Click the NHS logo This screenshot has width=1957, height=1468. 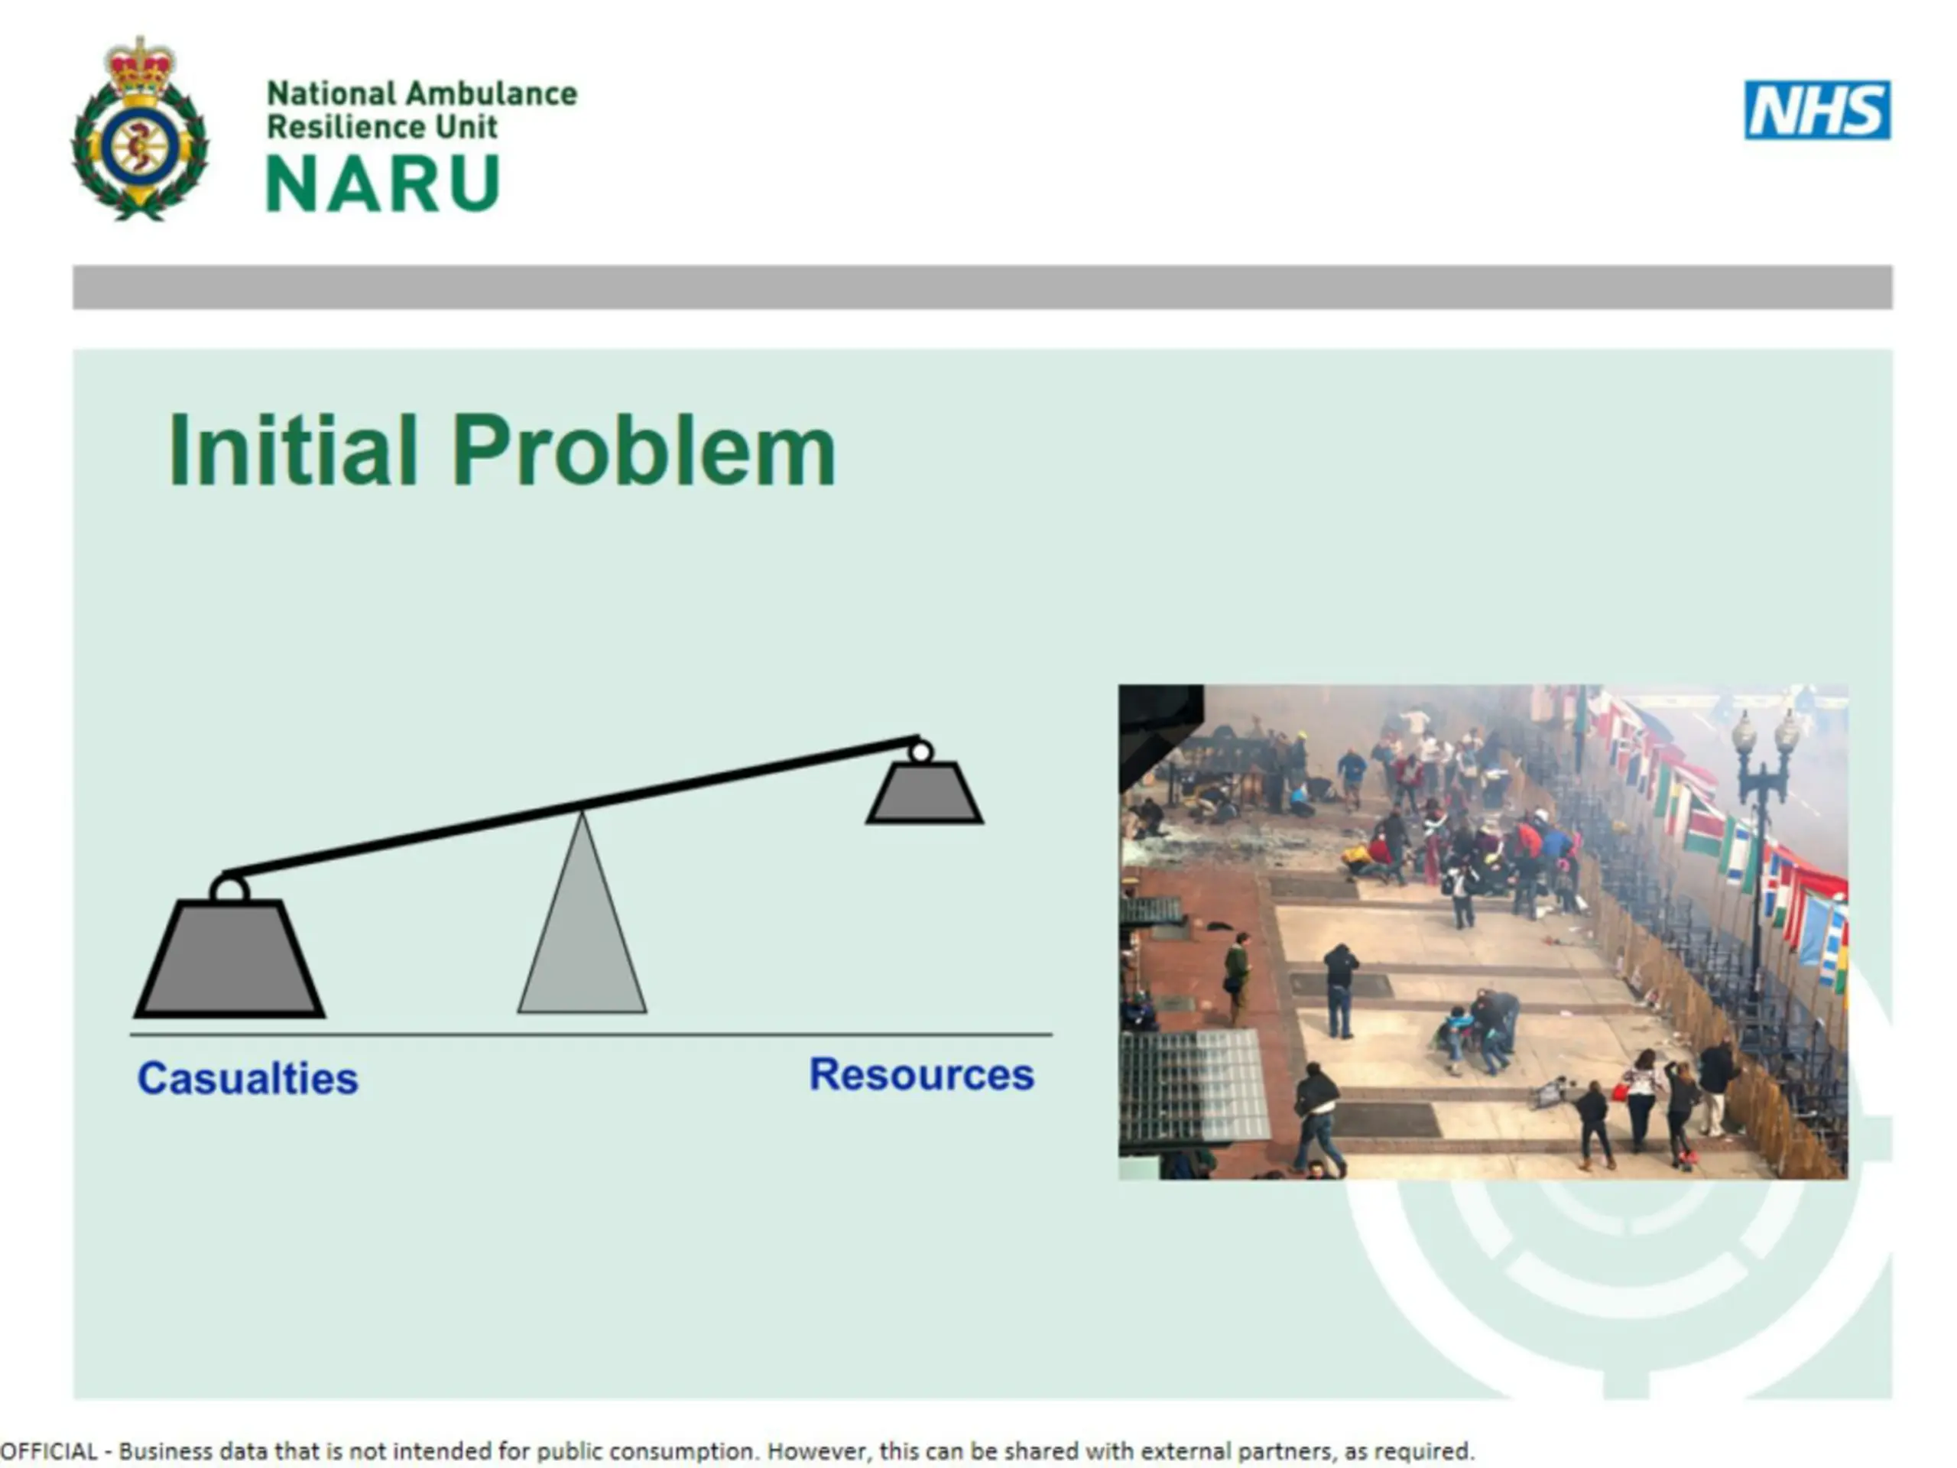point(1817,111)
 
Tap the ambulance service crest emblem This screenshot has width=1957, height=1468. point(140,129)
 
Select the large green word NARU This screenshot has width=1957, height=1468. point(383,183)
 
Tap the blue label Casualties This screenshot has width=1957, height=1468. point(248,1079)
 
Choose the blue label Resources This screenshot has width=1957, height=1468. point(922,1075)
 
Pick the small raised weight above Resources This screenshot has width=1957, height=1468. point(924,793)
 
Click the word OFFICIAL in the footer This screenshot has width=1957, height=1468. point(50,1452)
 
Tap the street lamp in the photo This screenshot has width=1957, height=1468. point(1761,840)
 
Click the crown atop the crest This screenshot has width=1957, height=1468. point(140,63)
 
